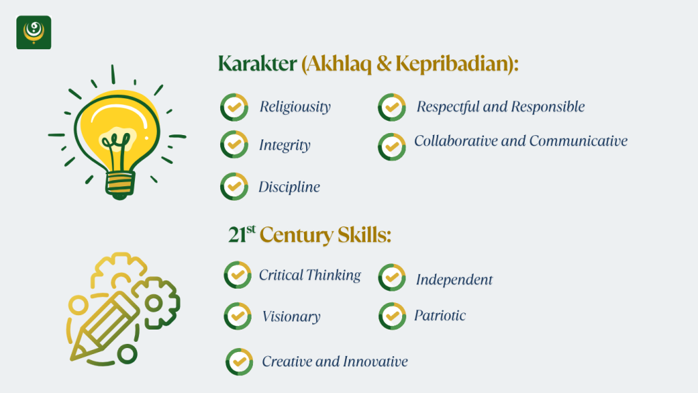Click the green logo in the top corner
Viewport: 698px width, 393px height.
[34, 32]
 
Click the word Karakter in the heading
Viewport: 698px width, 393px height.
[257, 63]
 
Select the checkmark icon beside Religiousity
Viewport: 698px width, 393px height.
[234, 107]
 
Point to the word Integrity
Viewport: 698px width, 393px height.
[284, 145]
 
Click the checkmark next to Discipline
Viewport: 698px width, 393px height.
[234, 186]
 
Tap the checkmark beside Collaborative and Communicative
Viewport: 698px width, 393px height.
[392, 147]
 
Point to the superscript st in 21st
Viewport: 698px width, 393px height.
[251, 229]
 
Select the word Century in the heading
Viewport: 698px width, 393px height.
[296, 235]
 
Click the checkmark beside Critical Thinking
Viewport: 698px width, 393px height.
[238, 275]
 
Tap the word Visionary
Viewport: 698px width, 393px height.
[291, 317]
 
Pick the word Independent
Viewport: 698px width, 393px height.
[454, 280]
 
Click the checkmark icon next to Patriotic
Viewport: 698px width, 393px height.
[392, 316]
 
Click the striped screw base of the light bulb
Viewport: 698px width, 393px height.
[120, 184]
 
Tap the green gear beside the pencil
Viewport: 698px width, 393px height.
[155, 303]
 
